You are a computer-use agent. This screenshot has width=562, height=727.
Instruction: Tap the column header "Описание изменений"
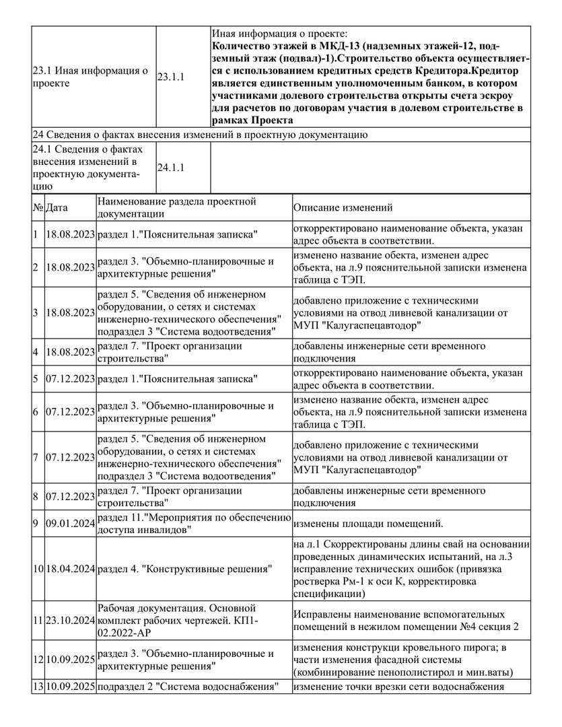(x=343, y=208)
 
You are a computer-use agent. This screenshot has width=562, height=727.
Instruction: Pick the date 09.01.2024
(x=70, y=522)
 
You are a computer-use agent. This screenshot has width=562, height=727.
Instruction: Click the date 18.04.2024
(x=70, y=569)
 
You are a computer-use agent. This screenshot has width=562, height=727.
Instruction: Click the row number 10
(x=38, y=569)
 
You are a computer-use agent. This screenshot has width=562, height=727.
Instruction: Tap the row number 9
(x=36, y=522)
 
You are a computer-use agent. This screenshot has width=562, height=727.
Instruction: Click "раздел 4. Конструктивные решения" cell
(x=185, y=569)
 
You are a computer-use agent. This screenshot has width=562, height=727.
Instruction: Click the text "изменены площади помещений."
(x=367, y=522)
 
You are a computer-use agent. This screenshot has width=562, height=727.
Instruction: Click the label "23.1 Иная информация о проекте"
(x=91, y=77)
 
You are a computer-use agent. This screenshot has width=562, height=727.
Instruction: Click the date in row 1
(x=70, y=235)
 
